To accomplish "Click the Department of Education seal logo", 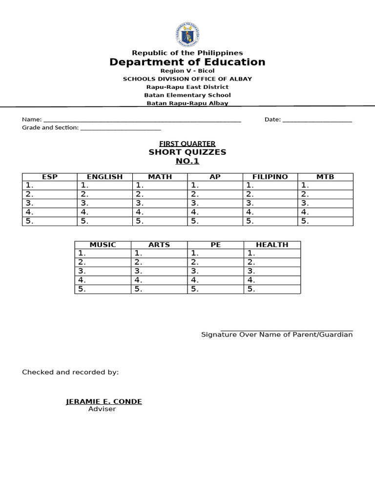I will tap(187, 35).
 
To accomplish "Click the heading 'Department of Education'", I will tap(187, 62).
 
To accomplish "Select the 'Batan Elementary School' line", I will tap(187, 95).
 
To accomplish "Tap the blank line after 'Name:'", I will tap(142, 120).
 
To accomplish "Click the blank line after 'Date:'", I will tap(317, 120).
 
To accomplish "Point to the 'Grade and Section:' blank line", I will tap(120, 128).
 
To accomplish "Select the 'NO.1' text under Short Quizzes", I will tap(187, 162).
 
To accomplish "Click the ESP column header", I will tap(50, 177).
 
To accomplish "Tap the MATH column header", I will tap(160, 177).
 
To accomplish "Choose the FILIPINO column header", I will tap(270, 177).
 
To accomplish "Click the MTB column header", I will tap(325, 177).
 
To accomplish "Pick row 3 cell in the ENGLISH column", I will tap(105, 203).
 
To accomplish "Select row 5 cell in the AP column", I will tap(215, 221).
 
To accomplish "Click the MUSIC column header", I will tap(103, 245).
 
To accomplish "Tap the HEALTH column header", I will tap(272, 245).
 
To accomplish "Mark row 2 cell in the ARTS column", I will tap(159, 262).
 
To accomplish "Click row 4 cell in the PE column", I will tap(216, 280).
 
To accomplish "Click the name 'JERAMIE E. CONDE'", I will tap(104, 402).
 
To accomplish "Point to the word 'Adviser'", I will tap(102, 409).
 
